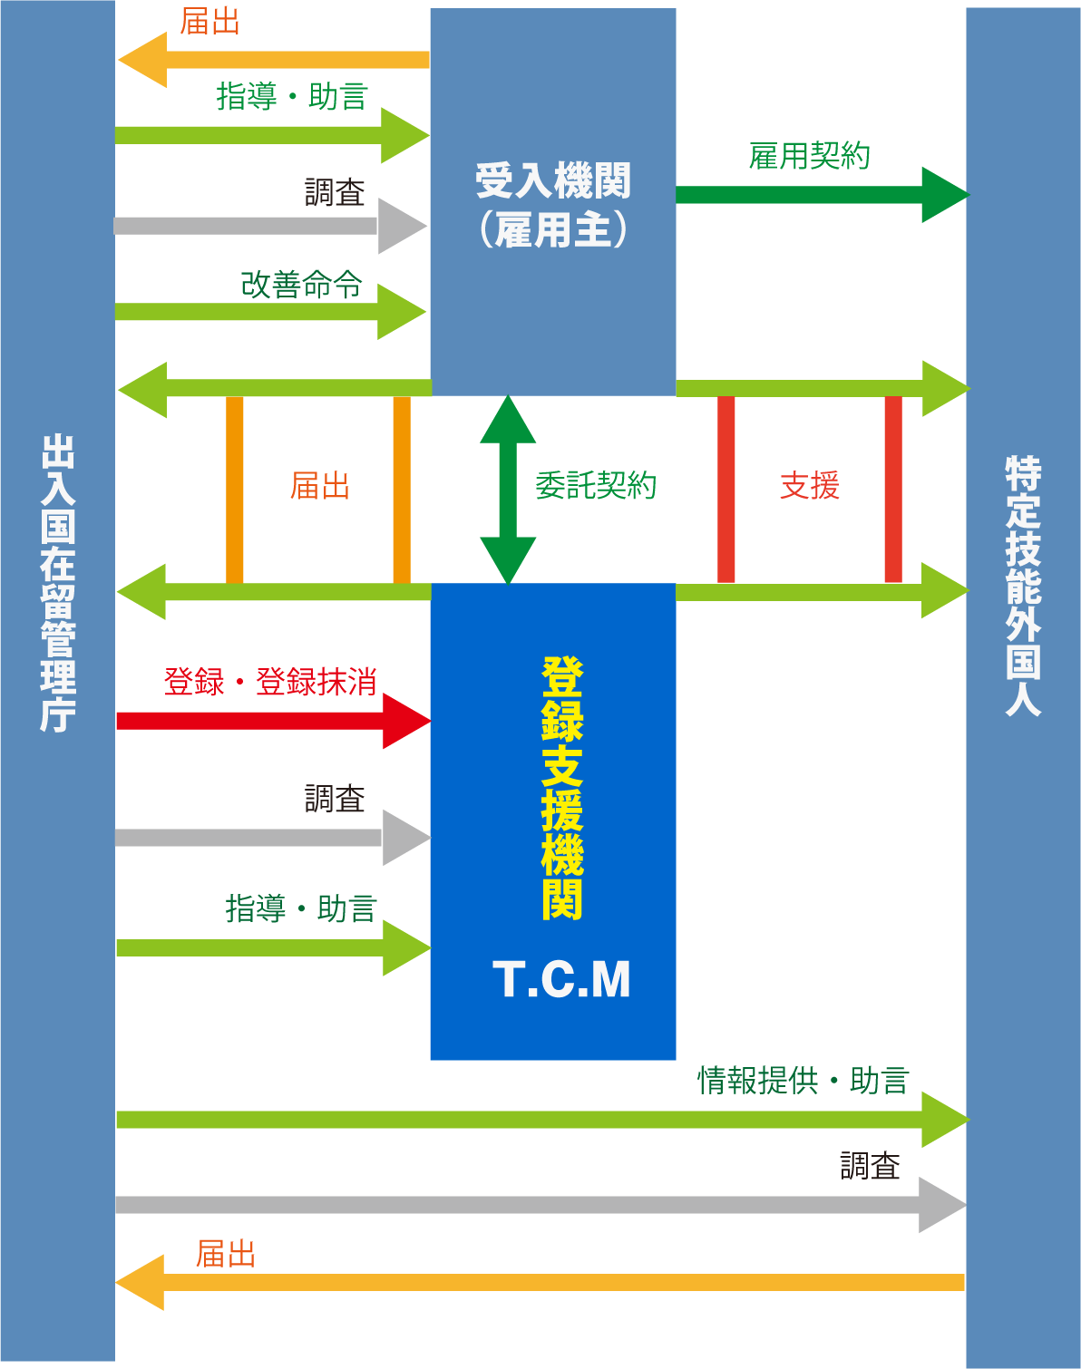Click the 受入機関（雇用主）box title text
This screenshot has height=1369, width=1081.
[x=553, y=205]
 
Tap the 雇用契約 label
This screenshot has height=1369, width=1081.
[x=809, y=156]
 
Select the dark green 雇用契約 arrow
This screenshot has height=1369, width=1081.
[x=816, y=195]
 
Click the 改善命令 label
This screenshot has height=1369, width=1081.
[x=301, y=285]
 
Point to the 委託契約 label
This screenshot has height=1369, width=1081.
[x=595, y=486]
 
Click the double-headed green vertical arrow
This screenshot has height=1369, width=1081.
[x=508, y=490]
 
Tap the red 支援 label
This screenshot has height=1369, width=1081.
[x=810, y=486]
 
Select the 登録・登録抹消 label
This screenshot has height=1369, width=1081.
[x=270, y=682]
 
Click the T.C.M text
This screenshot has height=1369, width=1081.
[x=561, y=980]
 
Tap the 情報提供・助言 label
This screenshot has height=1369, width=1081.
[x=803, y=1081]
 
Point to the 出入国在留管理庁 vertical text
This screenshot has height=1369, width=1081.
[x=57, y=582]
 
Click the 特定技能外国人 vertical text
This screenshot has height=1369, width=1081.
[x=1023, y=586]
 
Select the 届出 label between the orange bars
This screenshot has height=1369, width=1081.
[x=319, y=486]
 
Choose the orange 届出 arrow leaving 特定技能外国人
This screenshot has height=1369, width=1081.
[x=544, y=1282]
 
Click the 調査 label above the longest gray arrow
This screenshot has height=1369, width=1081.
[x=870, y=1166]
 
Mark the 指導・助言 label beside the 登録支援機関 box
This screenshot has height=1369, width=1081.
[x=300, y=908]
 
